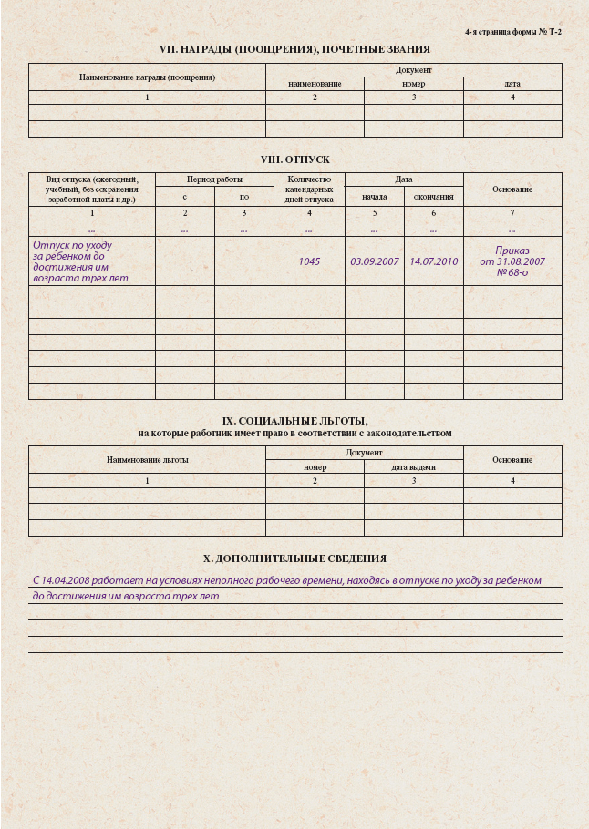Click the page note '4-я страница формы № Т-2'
pos(512,32)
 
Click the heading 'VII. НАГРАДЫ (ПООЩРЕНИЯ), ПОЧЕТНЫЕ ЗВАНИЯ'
pos(294,49)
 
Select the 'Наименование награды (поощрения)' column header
pos(147,77)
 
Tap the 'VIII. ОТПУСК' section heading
pos(294,159)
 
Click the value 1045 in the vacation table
pos(309,261)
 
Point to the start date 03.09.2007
pos(375,261)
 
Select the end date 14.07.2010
pos(433,261)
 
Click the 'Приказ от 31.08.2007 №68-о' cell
pos(511,261)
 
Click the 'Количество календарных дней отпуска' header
pos(309,189)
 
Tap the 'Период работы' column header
pos(214,179)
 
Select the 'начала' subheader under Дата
pos(375,196)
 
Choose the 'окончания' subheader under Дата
pos(433,196)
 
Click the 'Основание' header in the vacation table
pos(511,189)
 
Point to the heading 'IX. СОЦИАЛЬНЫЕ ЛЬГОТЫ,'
pos(294,421)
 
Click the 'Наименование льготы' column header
pos(147,460)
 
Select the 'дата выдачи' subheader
pos(413,467)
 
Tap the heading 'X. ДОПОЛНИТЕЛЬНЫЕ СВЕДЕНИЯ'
pos(294,558)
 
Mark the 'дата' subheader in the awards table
pos(511,84)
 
